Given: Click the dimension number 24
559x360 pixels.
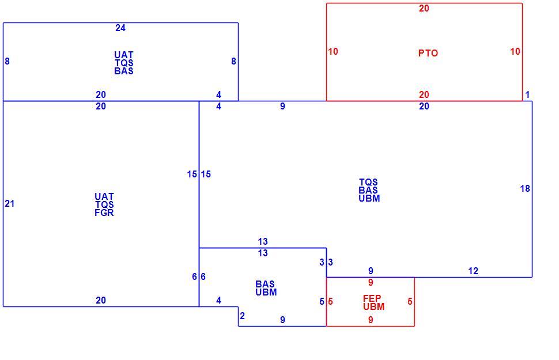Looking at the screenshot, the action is [120, 28].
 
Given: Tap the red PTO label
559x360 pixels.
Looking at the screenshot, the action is [428, 53].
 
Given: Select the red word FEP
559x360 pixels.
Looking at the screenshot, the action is [372, 298].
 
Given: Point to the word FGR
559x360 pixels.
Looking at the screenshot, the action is [104, 213].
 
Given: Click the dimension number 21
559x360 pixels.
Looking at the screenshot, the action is [10, 203].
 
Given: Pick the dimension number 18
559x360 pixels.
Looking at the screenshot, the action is [525, 188].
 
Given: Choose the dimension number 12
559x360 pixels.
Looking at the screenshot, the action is [473, 271].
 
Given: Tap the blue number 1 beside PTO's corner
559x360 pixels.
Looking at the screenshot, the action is [528, 95].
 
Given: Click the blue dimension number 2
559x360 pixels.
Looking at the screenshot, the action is [243, 316].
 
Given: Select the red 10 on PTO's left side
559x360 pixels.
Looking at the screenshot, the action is [333, 52].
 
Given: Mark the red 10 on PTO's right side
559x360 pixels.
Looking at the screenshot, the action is [515, 52].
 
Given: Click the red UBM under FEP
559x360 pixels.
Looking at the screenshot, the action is [373, 306].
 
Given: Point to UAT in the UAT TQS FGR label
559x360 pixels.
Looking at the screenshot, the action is [104, 196].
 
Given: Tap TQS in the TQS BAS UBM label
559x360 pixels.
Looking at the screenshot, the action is [368, 182].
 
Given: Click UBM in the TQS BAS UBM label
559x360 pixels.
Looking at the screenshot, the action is [369, 198].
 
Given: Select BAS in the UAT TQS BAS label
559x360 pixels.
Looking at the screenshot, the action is [124, 71].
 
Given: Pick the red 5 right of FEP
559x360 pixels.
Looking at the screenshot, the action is [410, 302].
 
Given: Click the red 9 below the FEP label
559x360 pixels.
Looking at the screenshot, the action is [371, 320].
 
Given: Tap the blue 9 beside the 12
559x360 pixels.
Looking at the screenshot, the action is [371, 271].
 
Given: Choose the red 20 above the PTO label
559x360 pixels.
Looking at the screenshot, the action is [424, 8].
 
